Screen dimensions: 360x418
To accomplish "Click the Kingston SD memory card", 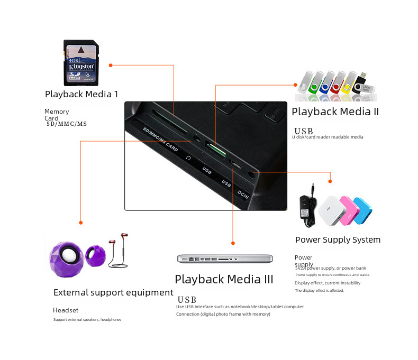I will coord(80,62).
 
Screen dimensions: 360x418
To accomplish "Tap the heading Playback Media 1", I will coord(81,94).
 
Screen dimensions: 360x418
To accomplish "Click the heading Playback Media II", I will coord(335,112).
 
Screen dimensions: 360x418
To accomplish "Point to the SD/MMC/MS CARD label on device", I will coord(159,139).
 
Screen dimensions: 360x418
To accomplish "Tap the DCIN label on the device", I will coord(243,194).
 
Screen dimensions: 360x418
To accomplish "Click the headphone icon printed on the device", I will coord(188,158).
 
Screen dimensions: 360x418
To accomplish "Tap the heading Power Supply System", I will coord(338,240).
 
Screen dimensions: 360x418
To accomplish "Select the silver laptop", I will coord(225,259).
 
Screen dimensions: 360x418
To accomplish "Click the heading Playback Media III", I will coord(224,279).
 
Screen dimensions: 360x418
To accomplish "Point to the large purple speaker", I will coord(66,256).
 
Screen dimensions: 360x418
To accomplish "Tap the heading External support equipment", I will coord(113,292).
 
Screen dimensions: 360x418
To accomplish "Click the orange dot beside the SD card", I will coord(111,65).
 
